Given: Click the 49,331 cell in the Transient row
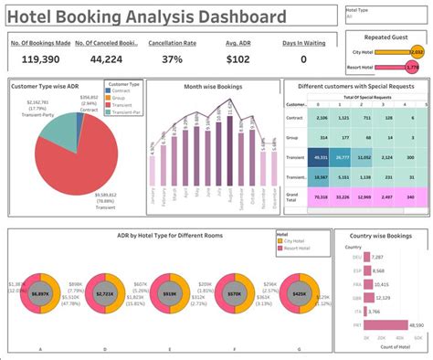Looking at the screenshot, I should [320, 156].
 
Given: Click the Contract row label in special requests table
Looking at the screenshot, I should [296, 118].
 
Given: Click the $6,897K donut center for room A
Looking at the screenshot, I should [39, 293].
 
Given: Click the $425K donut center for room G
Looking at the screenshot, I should [299, 293].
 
